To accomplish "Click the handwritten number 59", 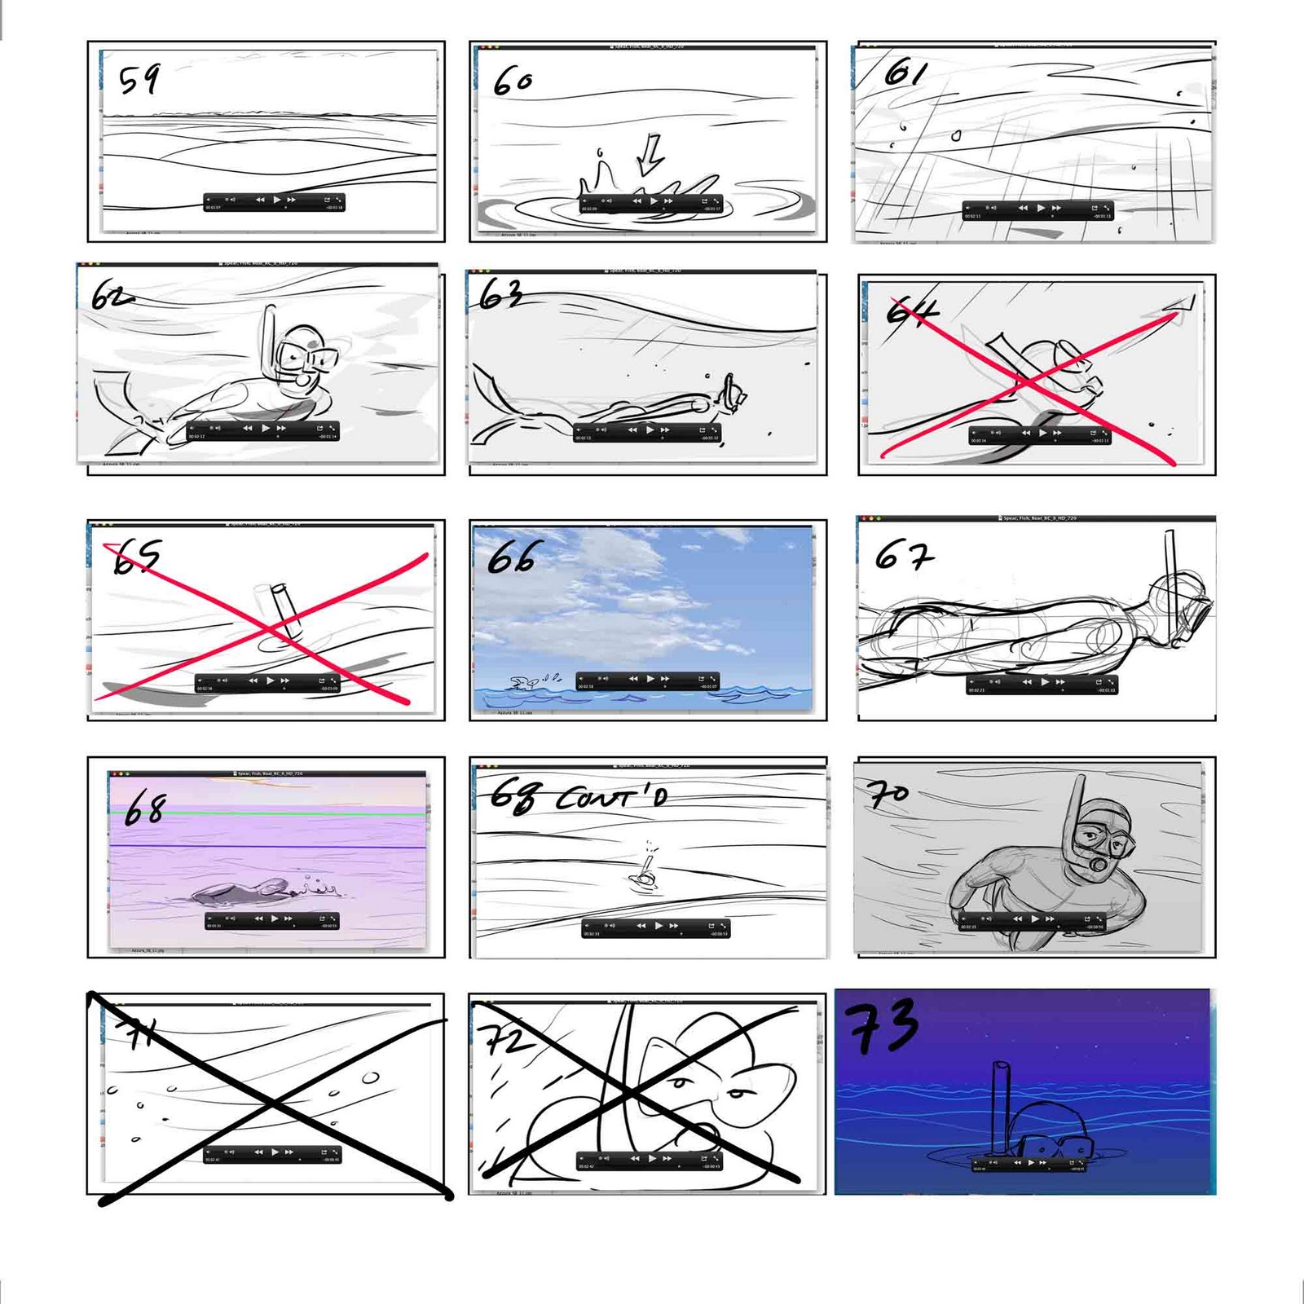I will point(139,80).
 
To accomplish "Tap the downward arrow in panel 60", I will point(650,155).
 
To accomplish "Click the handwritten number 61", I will point(905,73).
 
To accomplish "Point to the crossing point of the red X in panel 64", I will point(1025,381).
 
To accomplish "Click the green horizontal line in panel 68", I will point(269,813).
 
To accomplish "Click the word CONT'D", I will point(611,798).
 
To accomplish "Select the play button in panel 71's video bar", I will point(275,1152).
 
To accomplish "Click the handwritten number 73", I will point(883,1026).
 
